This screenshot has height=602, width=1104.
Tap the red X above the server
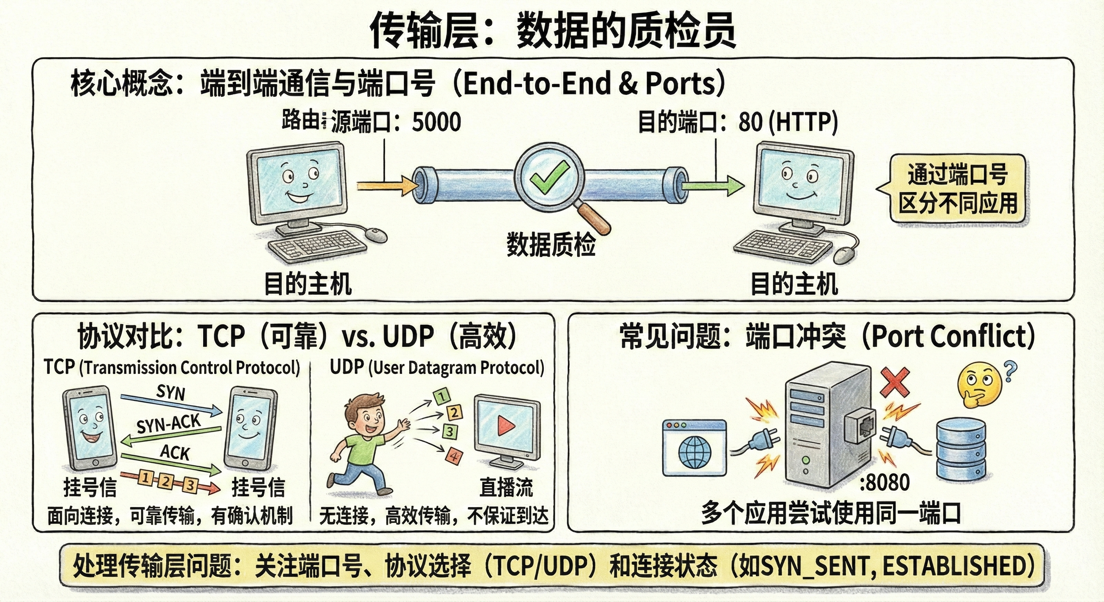pos(895,383)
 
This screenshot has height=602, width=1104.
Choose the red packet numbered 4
pos(454,456)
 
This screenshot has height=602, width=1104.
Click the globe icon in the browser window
pos(695,452)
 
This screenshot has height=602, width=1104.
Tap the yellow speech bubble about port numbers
pos(957,189)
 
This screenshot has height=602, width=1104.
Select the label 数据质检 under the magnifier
pos(551,245)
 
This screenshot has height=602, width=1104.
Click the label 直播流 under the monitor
pos(506,488)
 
